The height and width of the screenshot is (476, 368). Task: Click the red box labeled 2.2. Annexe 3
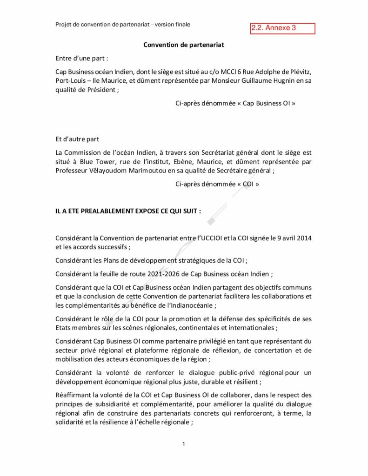pyautogui.click(x=282, y=28)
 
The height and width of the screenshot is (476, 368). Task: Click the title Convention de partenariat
pyautogui.click(x=184, y=45)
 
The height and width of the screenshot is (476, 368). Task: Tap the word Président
pyautogui.click(x=100, y=90)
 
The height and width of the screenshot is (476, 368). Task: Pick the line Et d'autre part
pyautogui.click(x=77, y=139)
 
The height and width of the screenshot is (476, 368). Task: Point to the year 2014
pyautogui.click(x=303, y=238)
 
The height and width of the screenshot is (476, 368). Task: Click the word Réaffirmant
pyautogui.click(x=74, y=395)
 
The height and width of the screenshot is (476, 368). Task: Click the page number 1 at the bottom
pyautogui.click(x=184, y=444)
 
